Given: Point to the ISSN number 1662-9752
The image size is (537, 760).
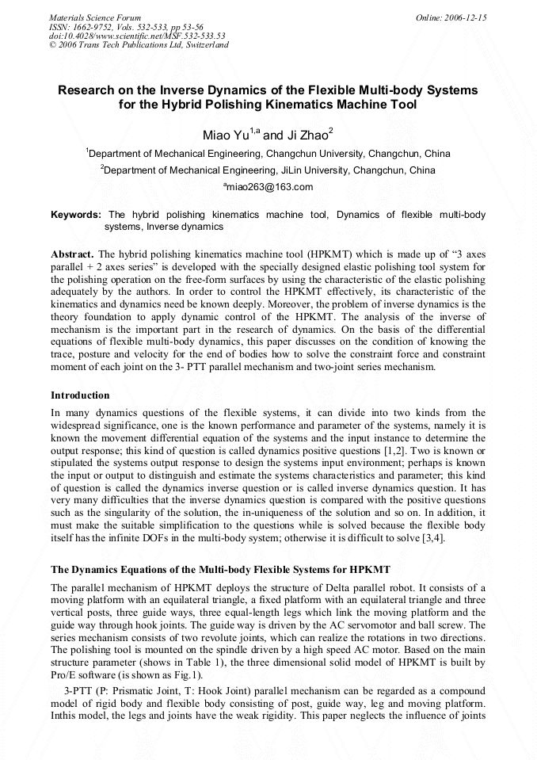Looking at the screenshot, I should [94, 26].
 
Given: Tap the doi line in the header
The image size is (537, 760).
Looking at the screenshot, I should [136, 36].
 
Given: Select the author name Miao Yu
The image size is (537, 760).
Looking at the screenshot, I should [225, 136].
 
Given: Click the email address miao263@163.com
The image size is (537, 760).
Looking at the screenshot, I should [268, 187].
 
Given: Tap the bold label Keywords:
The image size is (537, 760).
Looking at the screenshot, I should [76, 215].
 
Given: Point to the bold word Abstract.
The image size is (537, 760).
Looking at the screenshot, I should [72, 254].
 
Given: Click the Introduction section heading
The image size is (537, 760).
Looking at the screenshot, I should [80, 395].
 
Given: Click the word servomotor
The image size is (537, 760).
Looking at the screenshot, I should [346, 625].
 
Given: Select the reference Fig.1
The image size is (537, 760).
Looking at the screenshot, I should [192, 676].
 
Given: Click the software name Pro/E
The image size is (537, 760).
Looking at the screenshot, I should [65, 676].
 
